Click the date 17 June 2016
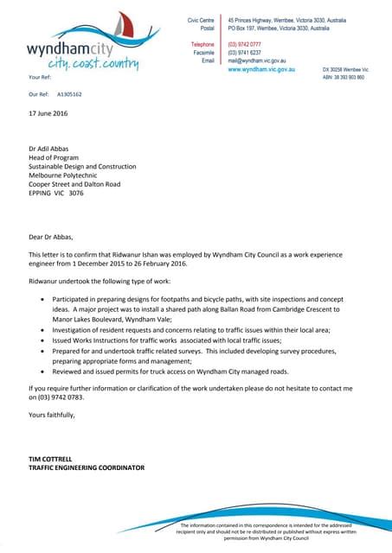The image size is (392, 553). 48,113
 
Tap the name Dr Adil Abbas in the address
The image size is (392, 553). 50,149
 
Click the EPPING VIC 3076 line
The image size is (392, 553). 56,194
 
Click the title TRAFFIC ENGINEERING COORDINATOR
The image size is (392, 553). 87,467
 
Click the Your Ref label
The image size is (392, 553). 40,78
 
